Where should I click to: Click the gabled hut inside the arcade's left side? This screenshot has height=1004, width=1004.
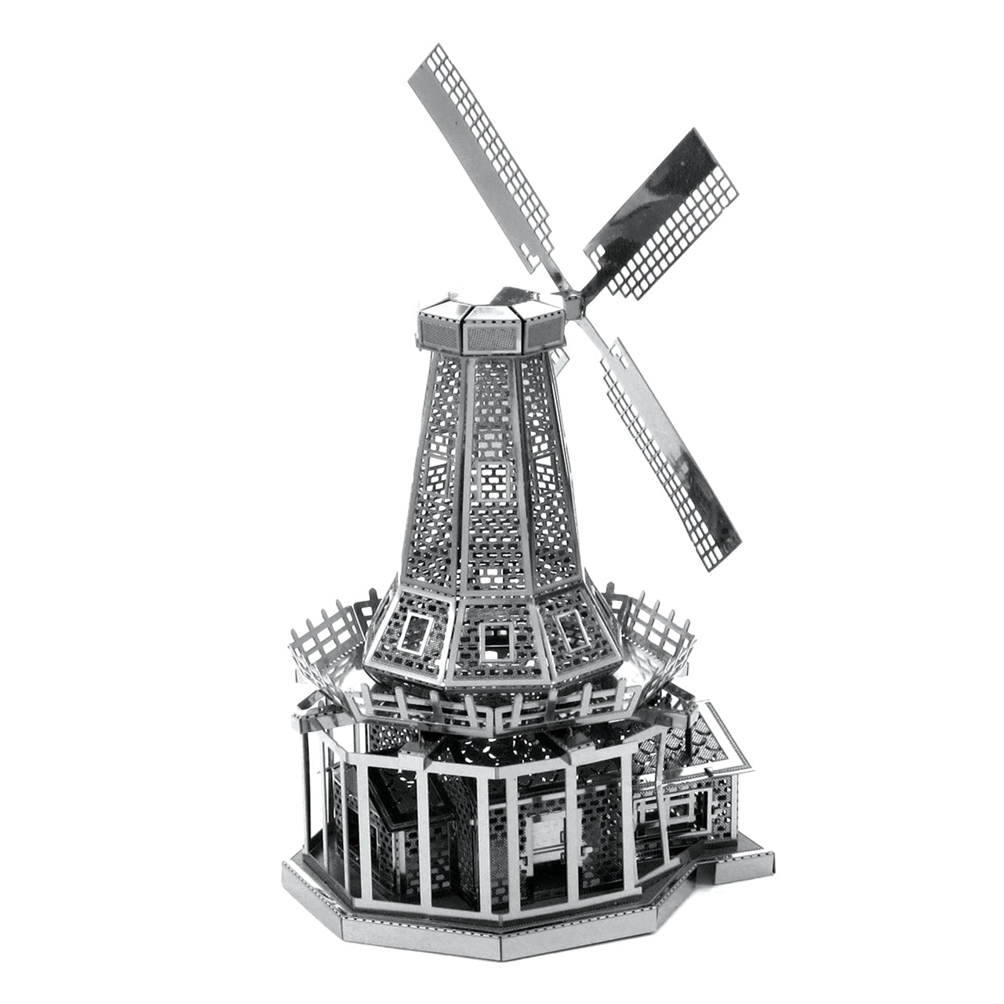[400, 824]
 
